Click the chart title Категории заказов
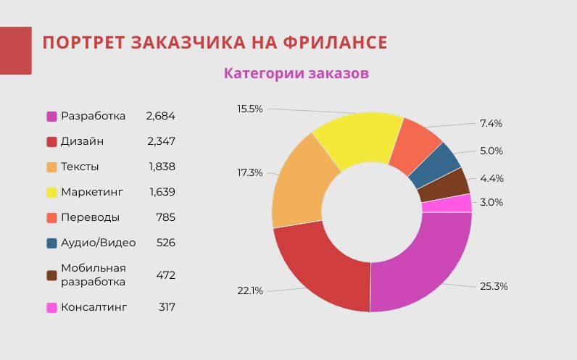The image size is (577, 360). [296, 73]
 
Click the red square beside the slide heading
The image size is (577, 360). [15, 50]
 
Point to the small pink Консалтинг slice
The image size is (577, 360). [447, 204]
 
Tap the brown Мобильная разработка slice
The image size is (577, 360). [443, 185]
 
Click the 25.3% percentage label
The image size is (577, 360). [494, 286]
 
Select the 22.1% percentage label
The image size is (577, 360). [250, 290]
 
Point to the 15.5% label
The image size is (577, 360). [250, 109]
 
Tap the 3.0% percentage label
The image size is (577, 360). [491, 202]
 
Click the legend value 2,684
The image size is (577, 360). [160, 116]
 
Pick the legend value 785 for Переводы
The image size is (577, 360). [165, 217]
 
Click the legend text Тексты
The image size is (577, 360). [80, 167]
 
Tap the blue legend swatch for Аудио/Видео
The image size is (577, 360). [52, 243]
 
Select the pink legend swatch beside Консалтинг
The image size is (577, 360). [52, 307]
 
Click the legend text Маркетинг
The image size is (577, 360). [92, 192]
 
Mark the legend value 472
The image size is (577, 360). [165, 275]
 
